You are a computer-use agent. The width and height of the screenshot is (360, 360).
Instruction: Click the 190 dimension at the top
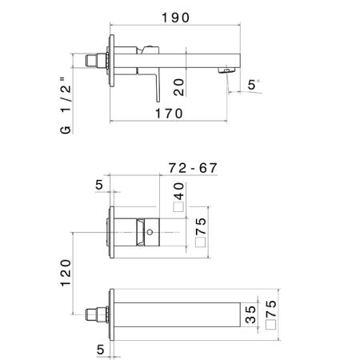click(175, 18)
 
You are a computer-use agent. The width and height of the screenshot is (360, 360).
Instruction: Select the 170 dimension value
click(169, 114)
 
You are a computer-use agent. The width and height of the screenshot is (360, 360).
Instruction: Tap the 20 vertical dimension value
click(179, 87)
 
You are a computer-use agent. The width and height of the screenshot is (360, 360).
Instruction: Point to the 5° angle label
click(253, 85)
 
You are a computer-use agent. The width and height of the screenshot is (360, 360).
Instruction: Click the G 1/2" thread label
click(66, 106)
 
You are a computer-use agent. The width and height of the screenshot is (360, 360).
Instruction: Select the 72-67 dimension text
click(193, 168)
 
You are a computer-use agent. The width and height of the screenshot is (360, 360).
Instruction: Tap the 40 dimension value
click(179, 191)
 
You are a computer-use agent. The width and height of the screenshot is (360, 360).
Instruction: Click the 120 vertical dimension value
click(66, 273)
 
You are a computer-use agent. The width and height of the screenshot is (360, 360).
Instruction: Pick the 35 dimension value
click(250, 314)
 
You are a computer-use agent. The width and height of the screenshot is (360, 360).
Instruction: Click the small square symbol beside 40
click(178, 207)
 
